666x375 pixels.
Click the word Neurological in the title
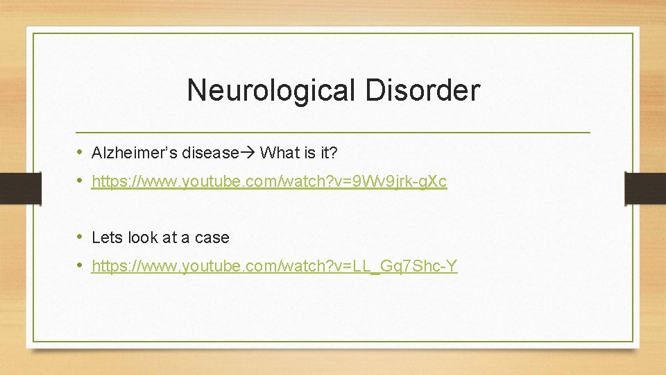[256, 91]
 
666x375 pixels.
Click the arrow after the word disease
[248, 152]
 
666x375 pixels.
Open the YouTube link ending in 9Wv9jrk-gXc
[269, 182]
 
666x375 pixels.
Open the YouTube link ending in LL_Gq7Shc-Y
[274, 266]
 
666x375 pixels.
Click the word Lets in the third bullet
[107, 237]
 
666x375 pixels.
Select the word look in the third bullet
[143, 237]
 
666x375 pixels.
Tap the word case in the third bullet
[212, 237]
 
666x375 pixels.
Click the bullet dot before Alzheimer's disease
[80, 151]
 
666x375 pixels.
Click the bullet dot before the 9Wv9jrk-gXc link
[80, 181]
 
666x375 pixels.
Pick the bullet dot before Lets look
[80, 237]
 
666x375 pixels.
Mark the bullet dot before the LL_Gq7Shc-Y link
[80, 265]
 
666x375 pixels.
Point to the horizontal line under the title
[333, 132]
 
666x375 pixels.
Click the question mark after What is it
[334, 152]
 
